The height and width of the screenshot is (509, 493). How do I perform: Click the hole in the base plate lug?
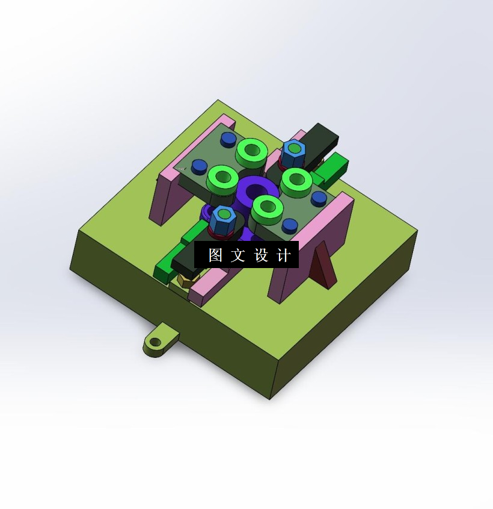pos(156,342)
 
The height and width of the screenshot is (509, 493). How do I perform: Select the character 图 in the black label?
pos(215,255)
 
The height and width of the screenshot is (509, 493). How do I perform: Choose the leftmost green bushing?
pos(222,178)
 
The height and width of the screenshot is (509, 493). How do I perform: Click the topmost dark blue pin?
pos(228,139)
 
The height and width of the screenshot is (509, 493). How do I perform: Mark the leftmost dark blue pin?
pos(199,166)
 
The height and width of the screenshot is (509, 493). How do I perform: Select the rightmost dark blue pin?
pos(319,198)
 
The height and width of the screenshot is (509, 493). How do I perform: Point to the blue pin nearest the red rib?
pos(290,225)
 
